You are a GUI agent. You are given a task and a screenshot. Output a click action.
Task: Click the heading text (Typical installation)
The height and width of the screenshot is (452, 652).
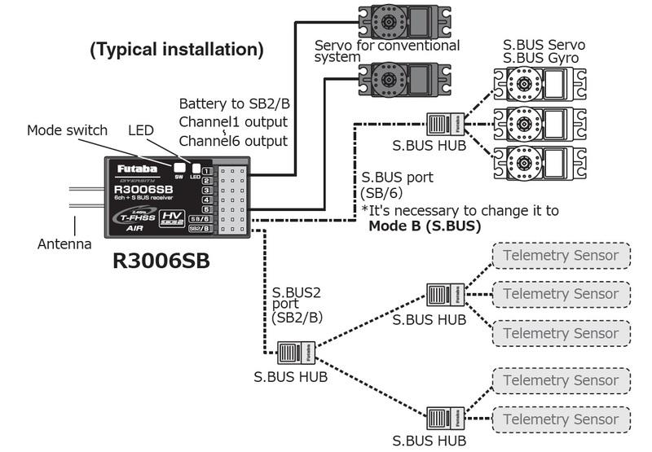click(x=176, y=50)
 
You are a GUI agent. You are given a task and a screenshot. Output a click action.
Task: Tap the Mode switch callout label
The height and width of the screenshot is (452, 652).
click(x=67, y=130)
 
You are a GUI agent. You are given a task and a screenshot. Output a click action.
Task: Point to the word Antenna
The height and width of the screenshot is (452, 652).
click(x=64, y=244)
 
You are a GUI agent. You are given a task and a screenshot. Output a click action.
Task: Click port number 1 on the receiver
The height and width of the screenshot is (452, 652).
click(x=207, y=172)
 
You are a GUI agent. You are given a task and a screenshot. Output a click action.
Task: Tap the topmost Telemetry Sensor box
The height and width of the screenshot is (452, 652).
click(x=561, y=256)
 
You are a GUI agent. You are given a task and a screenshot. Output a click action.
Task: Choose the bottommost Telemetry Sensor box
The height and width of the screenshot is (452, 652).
click(x=561, y=419)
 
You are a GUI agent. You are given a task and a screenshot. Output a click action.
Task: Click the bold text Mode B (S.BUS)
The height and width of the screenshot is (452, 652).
click(x=425, y=226)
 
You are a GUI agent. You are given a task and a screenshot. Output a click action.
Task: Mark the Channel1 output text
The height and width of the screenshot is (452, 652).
click(x=234, y=122)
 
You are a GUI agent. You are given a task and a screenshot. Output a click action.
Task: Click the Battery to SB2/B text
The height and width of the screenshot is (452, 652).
click(x=234, y=104)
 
